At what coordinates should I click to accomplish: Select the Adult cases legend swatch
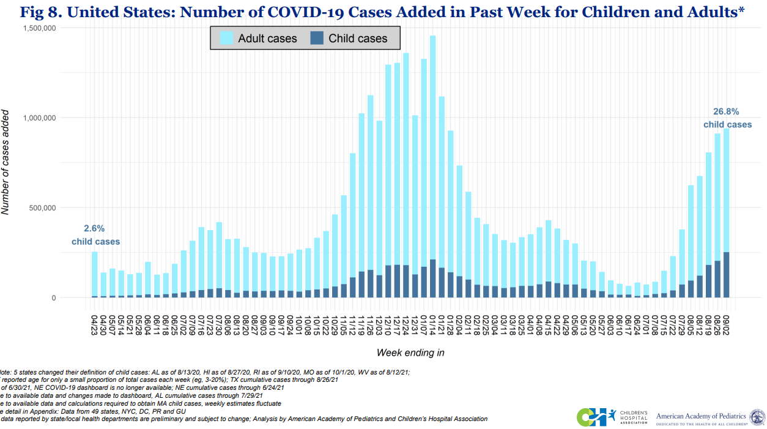[224, 38]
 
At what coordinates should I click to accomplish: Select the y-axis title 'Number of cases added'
[7, 162]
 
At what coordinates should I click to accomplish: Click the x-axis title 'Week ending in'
[410, 353]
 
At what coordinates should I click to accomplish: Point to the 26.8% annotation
[726, 112]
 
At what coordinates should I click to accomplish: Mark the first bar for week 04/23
[95, 275]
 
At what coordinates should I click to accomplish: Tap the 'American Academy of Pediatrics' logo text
[701, 417]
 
